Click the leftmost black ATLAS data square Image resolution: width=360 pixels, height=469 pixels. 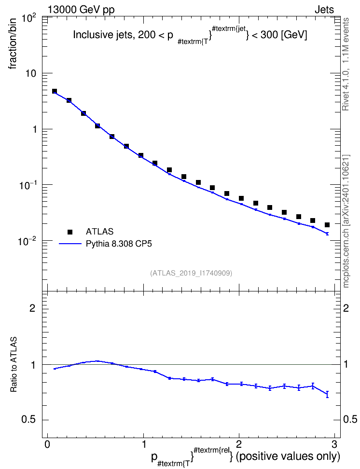(x=55, y=91)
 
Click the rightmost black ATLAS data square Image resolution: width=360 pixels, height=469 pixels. (x=327, y=225)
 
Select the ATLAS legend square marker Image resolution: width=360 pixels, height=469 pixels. (x=70, y=232)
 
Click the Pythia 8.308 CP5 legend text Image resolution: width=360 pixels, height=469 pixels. (x=119, y=244)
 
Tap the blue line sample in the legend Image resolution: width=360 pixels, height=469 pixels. (x=70, y=244)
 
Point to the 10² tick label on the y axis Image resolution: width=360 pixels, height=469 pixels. (x=29, y=19)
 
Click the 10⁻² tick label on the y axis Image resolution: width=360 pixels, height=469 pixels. (x=27, y=241)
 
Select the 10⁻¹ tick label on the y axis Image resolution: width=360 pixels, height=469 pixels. (x=27, y=185)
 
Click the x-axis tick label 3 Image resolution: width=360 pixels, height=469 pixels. (x=334, y=443)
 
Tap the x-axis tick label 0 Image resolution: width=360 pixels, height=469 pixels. (x=47, y=443)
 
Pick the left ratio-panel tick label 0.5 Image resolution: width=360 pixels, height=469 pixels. (x=28, y=420)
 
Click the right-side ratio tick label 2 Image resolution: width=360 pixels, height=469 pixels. (x=346, y=308)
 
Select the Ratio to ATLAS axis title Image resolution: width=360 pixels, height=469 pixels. (x=14, y=365)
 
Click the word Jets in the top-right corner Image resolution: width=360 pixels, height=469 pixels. (x=324, y=10)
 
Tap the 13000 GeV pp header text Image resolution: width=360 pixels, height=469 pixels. (x=81, y=10)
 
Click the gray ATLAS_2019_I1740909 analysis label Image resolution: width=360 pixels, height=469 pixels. (x=191, y=273)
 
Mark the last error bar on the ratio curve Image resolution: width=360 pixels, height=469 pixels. (x=327, y=394)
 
